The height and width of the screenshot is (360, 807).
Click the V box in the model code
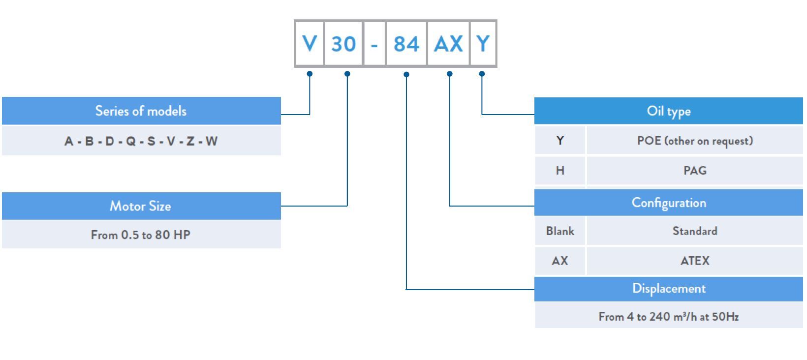310,44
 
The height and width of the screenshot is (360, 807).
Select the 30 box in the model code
343,44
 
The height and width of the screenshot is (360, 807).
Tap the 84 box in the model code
406,44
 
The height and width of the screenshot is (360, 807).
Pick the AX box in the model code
448,44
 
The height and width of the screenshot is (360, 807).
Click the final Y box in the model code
483,44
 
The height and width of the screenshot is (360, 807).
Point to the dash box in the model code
374,44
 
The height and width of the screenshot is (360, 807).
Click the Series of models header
141,111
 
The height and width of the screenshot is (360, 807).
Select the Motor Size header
141,206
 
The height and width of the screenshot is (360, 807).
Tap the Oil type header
668,111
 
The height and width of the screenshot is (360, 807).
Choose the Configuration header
668,203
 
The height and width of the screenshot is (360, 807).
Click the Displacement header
668,289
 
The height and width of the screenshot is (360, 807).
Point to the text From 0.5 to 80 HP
141,235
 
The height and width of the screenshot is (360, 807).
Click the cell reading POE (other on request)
695,141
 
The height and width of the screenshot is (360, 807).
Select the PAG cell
695,171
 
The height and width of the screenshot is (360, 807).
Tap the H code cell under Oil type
560,171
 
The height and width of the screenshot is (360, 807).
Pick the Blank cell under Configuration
560,231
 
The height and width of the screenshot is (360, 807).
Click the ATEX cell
695,261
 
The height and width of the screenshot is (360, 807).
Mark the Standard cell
695,231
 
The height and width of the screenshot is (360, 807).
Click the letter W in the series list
212,141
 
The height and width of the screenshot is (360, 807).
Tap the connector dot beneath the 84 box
406,74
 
